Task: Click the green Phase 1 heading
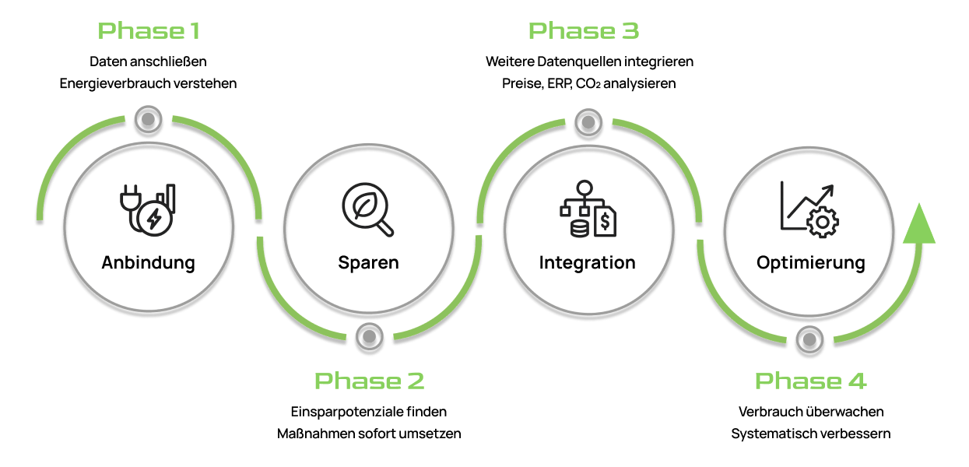(149, 31)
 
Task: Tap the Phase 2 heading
(369, 381)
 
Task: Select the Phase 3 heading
(584, 31)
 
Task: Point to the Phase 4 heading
(810, 381)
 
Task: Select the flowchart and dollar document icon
(588, 209)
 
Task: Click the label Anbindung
(148, 262)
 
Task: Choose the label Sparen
(368, 262)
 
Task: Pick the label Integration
(588, 262)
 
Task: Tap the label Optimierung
(810, 262)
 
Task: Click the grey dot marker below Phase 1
(148, 119)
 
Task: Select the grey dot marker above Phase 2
(369, 337)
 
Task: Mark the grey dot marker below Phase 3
(588, 121)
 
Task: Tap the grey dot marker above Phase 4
(809, 339)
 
